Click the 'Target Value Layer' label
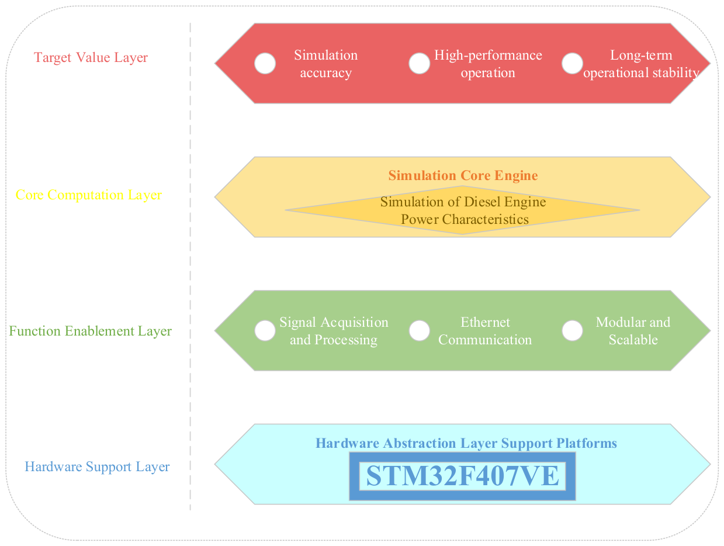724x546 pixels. point(91,57)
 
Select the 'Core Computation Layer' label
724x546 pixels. point(89,195)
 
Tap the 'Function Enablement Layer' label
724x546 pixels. point(90,331)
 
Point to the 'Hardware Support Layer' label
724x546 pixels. point(97,466)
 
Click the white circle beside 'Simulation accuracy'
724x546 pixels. point(265,63)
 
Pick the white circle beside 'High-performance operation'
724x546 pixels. point(419,63)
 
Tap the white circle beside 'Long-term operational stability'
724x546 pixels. point(572,63)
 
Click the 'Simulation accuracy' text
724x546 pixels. point(326,64)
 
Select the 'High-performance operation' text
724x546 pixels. point(488,64)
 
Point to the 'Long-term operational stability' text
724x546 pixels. point(641,64)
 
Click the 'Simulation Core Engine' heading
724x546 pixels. point(463,175)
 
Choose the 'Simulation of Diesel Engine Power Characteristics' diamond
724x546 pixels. point(462,210)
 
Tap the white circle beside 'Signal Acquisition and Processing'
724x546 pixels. point(265,330)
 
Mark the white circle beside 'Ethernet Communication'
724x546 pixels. point(419,330)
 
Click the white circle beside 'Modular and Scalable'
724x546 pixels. point(572,330)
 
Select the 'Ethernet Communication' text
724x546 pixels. point(485,331)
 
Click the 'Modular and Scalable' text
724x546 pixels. point(633,331)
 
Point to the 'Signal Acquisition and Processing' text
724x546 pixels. point(334,331)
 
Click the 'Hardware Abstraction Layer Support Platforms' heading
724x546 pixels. point(466,443)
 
